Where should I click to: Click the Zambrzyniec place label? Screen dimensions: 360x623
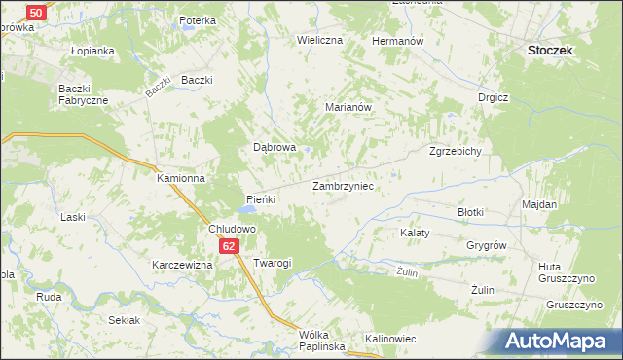tap(344, 184)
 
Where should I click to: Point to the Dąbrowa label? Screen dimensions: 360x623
tap(275, 148)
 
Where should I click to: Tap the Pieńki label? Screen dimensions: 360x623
tap(262, 198)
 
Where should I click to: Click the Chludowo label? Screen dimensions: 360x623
tap(232, 229)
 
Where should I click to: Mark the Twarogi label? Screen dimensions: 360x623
tap(272, 264)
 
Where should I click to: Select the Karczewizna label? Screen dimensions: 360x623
tap(181, 265)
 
